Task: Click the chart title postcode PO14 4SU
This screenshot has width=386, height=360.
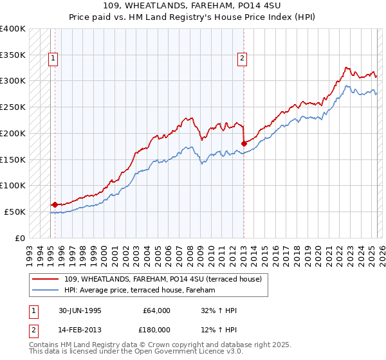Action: (244, 6)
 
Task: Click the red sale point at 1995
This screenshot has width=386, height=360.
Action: (55, 204)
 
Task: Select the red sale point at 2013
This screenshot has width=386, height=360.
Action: (244, 143)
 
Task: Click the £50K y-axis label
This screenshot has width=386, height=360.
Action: (14, 212)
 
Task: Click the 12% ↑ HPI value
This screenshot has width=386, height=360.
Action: (219, 330)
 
